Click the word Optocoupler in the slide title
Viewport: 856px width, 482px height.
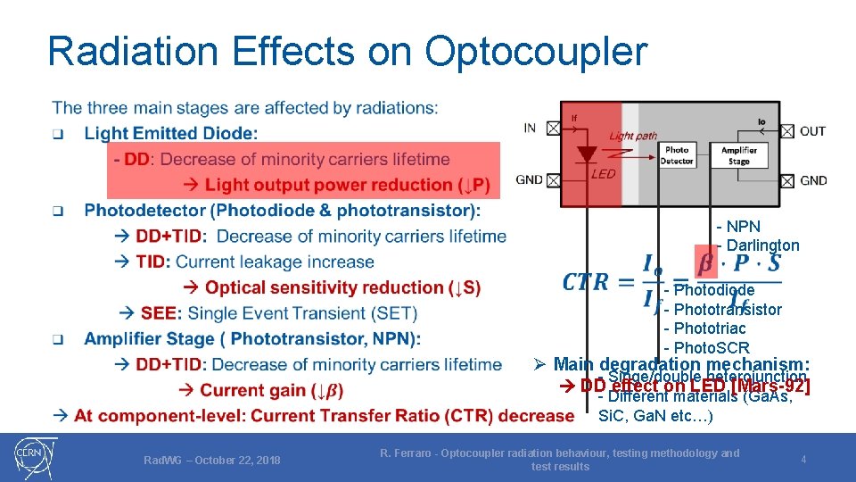coord(536,52)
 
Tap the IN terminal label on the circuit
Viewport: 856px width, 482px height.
coord(530,128)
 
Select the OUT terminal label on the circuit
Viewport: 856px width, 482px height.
coord(812,130)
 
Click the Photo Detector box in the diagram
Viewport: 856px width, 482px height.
coord(678,155)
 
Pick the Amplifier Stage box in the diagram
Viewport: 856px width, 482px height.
coord(739,155)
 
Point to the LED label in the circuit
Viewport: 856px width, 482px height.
coord(604,173)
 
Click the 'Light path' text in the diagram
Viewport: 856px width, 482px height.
coord(632,136)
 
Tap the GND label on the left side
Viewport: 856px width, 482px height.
coord(530,179)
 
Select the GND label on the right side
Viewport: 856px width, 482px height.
coord(813,180)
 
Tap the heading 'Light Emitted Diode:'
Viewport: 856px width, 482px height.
coord(171,133)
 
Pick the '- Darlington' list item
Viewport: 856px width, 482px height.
coord(758,245)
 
